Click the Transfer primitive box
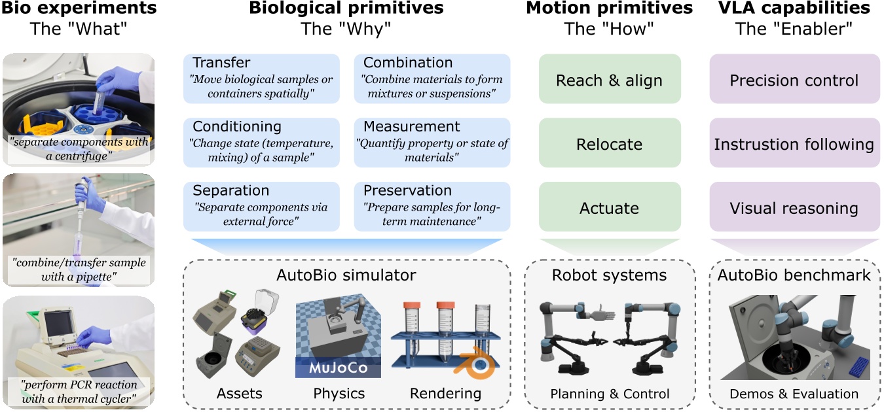(x=261, y=78)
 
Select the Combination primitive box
(x=432, y=78)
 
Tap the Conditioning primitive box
(x=261, y=143)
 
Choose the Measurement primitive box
(x=432, y=143)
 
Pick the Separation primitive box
(x=261, y=207)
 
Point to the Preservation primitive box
(x=432, y=207)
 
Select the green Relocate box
(x=610, y=143)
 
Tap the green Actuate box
(x=610, y=207)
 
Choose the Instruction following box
(x=794, y=143)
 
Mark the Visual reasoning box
(x=794, y=207)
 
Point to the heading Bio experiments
(x=79, y=9)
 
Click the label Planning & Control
(x=610, y=394)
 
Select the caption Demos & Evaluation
(x=794, y=394)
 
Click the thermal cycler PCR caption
(x=79, y=391)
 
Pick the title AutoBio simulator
(x=346, y=274)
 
